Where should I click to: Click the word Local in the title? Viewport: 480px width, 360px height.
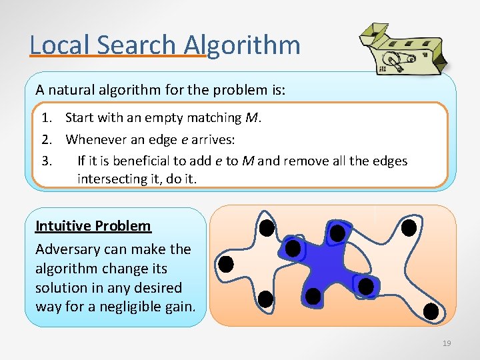pyautogui.click(x=60, y=45)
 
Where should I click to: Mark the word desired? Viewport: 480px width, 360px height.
pyautogui.click(x=159, y=288)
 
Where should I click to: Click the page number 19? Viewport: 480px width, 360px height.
pyautogui.click(x=447, y=343)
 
